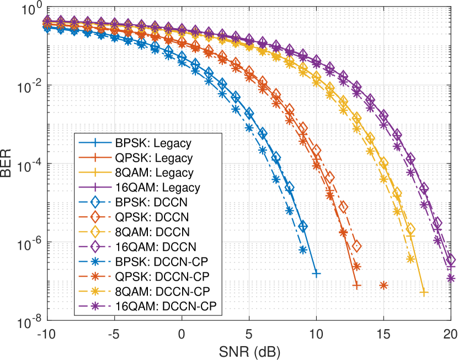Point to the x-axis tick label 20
coord(450,334)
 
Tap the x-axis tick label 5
coord(249,334)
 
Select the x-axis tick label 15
coord(383,334)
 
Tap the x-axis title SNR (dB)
coord(249,350)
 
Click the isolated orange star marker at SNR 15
coord(383,285)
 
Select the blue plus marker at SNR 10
coord(316,273)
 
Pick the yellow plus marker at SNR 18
coord(424,293)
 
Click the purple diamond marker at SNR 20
coord(451,259)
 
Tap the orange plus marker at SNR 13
coord(356,286)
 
